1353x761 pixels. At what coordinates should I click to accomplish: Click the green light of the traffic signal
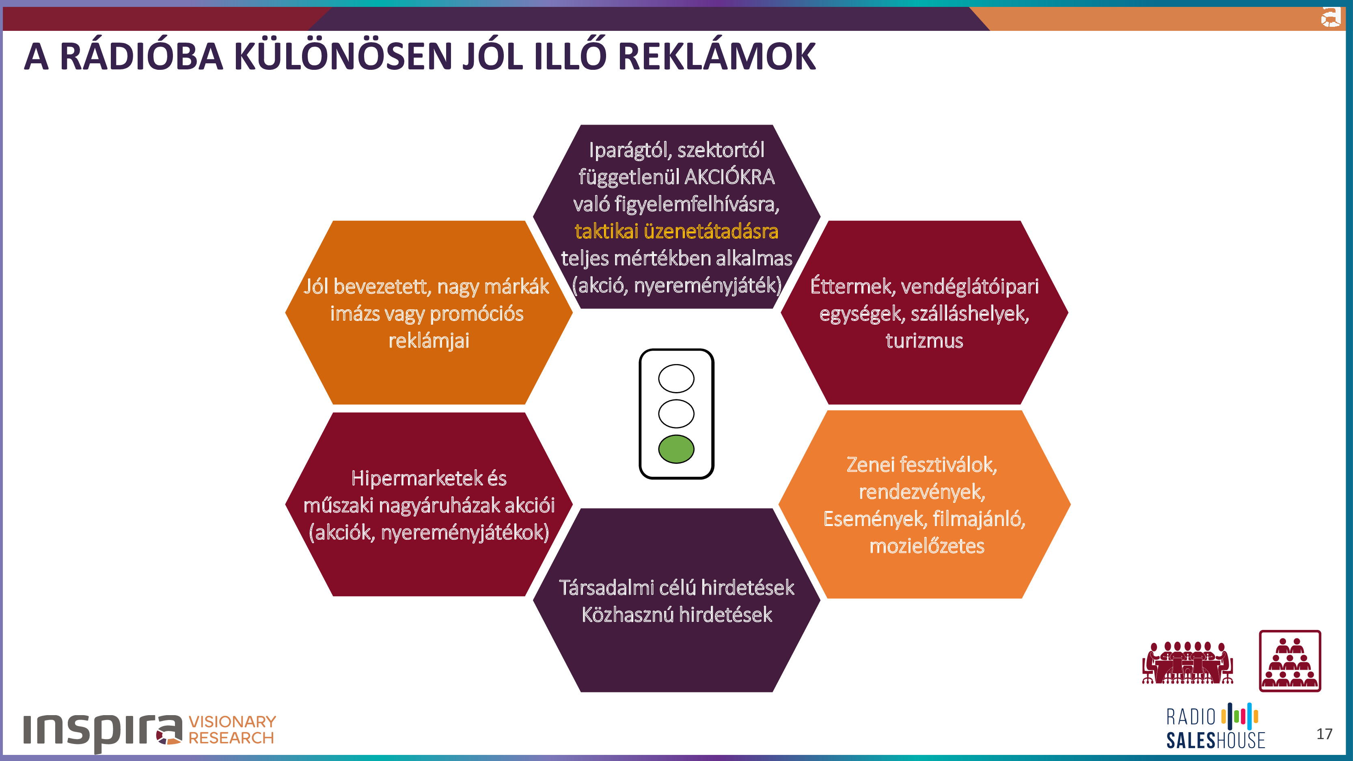[676, 449]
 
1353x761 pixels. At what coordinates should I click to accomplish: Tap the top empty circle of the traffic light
[676, 378]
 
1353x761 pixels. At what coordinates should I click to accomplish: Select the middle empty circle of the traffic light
[676, 413]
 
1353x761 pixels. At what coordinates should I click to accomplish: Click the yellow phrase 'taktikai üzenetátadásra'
[676, 231]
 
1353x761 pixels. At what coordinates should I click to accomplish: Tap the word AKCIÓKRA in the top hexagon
[729, 177]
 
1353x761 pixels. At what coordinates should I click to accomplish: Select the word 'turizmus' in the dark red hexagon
[924, 341]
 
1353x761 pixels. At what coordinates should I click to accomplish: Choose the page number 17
[1324, 734]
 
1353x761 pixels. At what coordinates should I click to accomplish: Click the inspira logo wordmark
[102, 730]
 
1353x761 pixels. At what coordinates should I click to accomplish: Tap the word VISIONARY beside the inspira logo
[232, 722]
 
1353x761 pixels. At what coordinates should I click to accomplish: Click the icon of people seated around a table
[1187, 662]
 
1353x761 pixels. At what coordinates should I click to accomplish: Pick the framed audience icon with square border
[1290, 661]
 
